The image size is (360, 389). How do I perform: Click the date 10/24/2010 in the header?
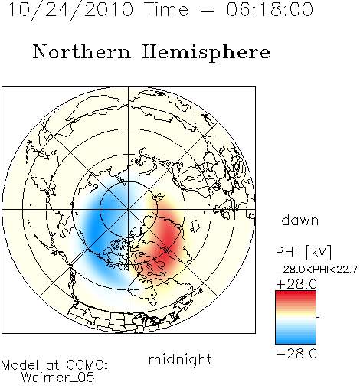[x=70, y=10]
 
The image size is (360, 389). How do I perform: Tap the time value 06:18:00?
[x=270, y=9]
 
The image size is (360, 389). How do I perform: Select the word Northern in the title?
[x=81, y=52]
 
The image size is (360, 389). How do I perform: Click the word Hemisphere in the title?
[x=206, y=52]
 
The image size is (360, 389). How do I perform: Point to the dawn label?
[x=300, y=221]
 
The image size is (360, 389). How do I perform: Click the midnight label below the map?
[x=180, y=359]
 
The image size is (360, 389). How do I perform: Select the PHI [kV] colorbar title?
[x=303, y=252]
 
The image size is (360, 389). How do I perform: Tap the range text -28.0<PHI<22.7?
[x=316, y=270]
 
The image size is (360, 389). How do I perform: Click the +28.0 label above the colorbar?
[x=296, y=284]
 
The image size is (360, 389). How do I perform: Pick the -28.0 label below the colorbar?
[x=296, y=354]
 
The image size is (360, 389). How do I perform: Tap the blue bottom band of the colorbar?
[x=296, y=339]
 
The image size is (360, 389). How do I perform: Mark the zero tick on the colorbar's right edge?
[x=318, y=317]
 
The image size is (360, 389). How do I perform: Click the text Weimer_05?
[x=58, y=378]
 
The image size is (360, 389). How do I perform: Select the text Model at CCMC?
[x=54, y=365]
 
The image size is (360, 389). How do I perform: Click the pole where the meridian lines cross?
[x=129, y=209]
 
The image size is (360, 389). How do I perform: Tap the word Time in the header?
[x=166, y=10]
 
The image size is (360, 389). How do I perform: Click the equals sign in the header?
[x=208, y=10]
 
